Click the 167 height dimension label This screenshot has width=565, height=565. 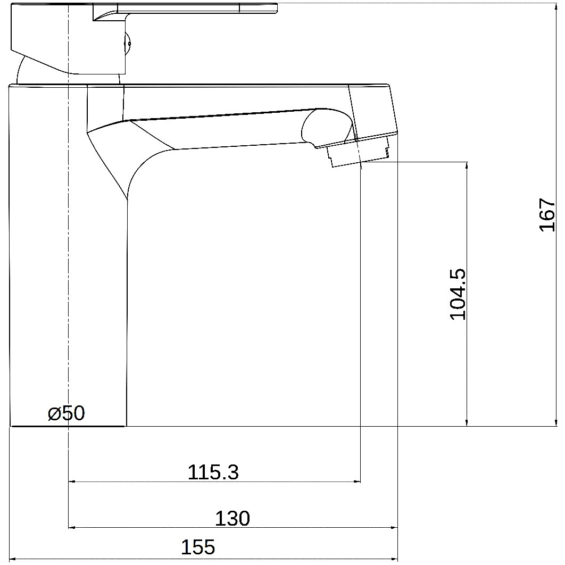[547, 214]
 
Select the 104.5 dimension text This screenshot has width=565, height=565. [458, 294]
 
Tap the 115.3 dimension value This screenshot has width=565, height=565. [213, 472]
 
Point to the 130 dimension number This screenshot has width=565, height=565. [232, 518]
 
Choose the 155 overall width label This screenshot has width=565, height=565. [198, 547]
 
